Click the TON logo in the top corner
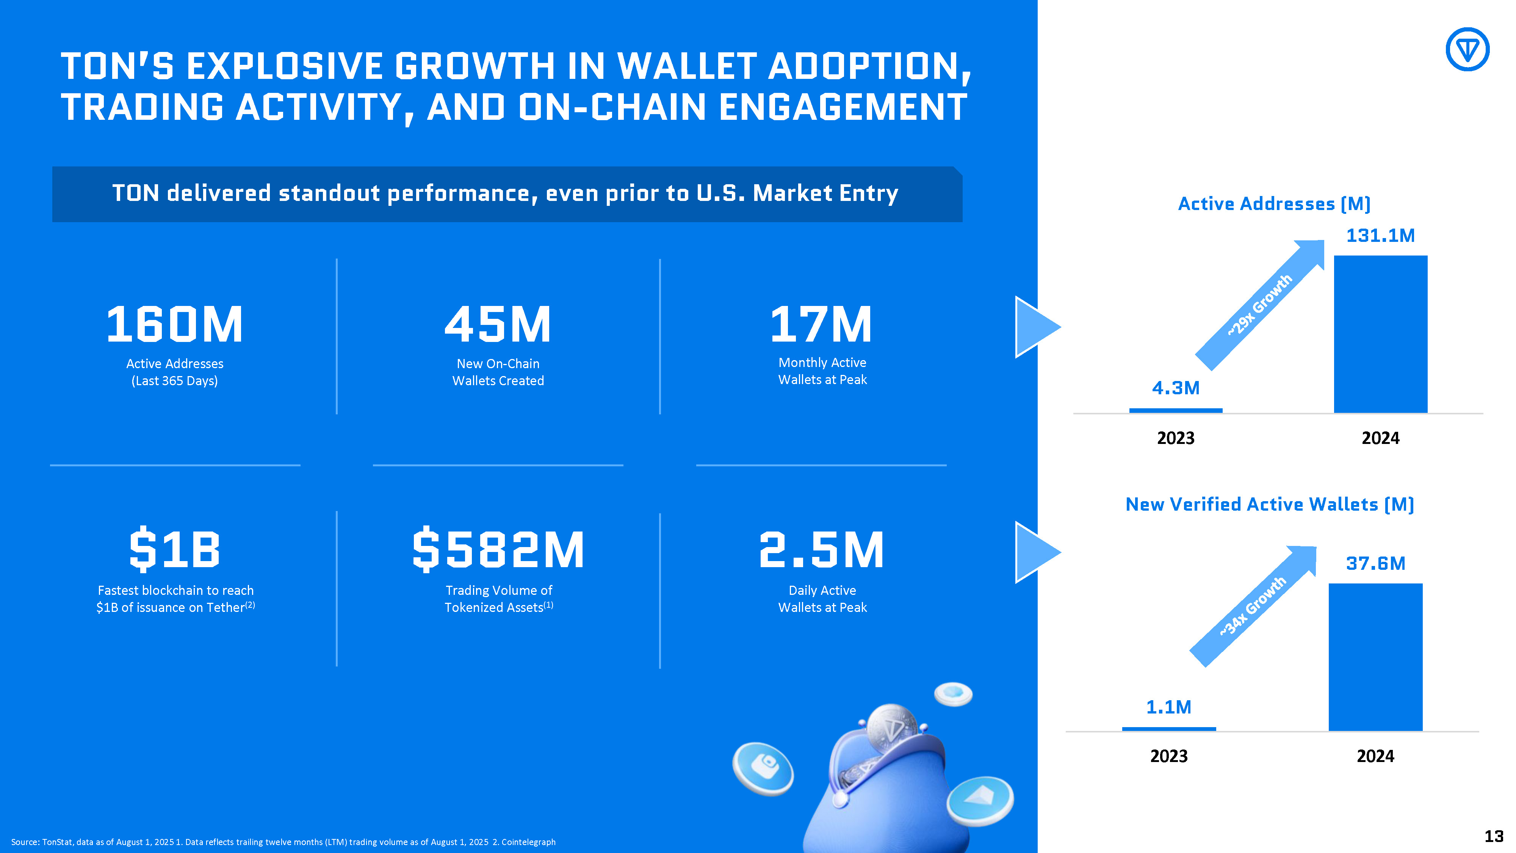1467,49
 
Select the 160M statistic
174,325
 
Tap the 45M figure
498,325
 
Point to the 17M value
822,325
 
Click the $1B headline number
175,550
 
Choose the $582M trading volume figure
498,550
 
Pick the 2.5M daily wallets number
822,550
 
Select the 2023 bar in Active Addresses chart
1175,410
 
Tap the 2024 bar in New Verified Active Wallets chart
1375,657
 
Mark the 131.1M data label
1380,235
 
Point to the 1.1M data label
1168,707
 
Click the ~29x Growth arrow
1259,305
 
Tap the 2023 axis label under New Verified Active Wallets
1169,756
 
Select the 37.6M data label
1375,563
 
